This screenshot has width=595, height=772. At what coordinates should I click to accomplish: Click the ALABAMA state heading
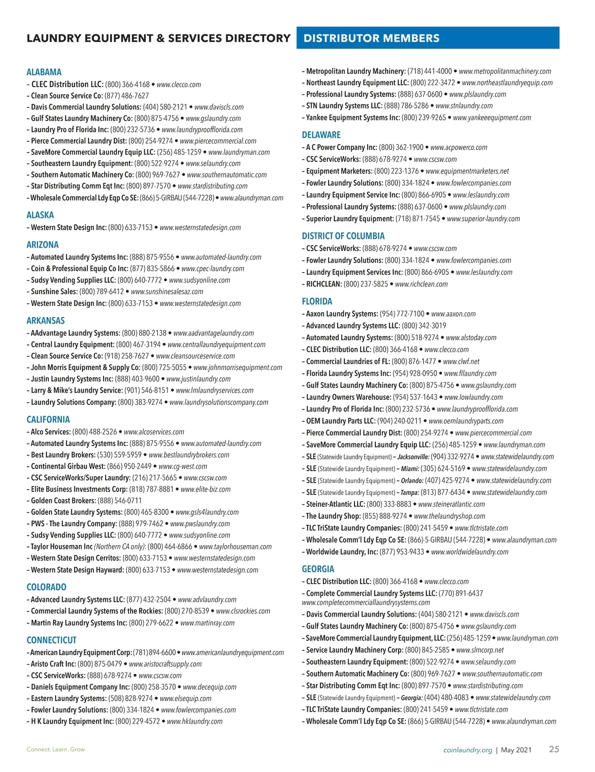(44, 72)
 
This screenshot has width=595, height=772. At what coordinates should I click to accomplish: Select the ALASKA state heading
(40, 215)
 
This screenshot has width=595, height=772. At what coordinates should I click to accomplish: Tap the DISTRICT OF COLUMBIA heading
(343, 236)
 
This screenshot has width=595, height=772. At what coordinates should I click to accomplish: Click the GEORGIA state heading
(318, 569)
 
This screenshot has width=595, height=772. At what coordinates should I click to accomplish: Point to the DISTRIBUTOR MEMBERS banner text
(371, 38)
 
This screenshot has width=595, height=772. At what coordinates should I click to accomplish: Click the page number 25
(554, 749)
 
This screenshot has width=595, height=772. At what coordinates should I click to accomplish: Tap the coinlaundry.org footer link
(468, 750)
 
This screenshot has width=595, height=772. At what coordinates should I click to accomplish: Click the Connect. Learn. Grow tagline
(56, 749)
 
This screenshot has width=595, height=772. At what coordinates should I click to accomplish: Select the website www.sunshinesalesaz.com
(167, 291)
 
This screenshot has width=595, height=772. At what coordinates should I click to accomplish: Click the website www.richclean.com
(421, 284)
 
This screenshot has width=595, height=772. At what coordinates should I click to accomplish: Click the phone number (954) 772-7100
(402, 314)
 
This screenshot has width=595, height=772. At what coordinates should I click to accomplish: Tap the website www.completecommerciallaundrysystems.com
(366, 603)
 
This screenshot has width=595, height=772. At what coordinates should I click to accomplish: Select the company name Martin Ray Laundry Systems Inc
(79, 623)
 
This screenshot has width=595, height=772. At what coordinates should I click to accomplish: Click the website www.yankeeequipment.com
(492, 117)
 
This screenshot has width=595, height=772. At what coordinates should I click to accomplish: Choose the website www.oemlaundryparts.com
(466, 421)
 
